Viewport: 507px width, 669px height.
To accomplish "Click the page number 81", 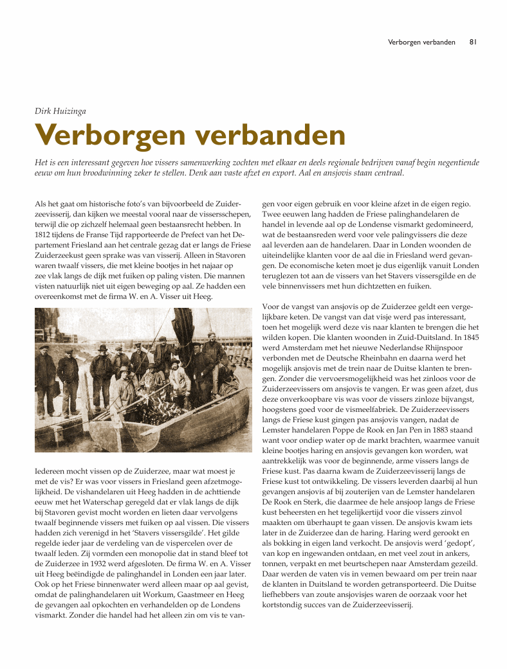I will pos(472,42).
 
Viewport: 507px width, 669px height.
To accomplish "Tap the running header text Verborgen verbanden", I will pos(421,42).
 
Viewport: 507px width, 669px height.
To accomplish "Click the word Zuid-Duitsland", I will pos(403,336).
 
